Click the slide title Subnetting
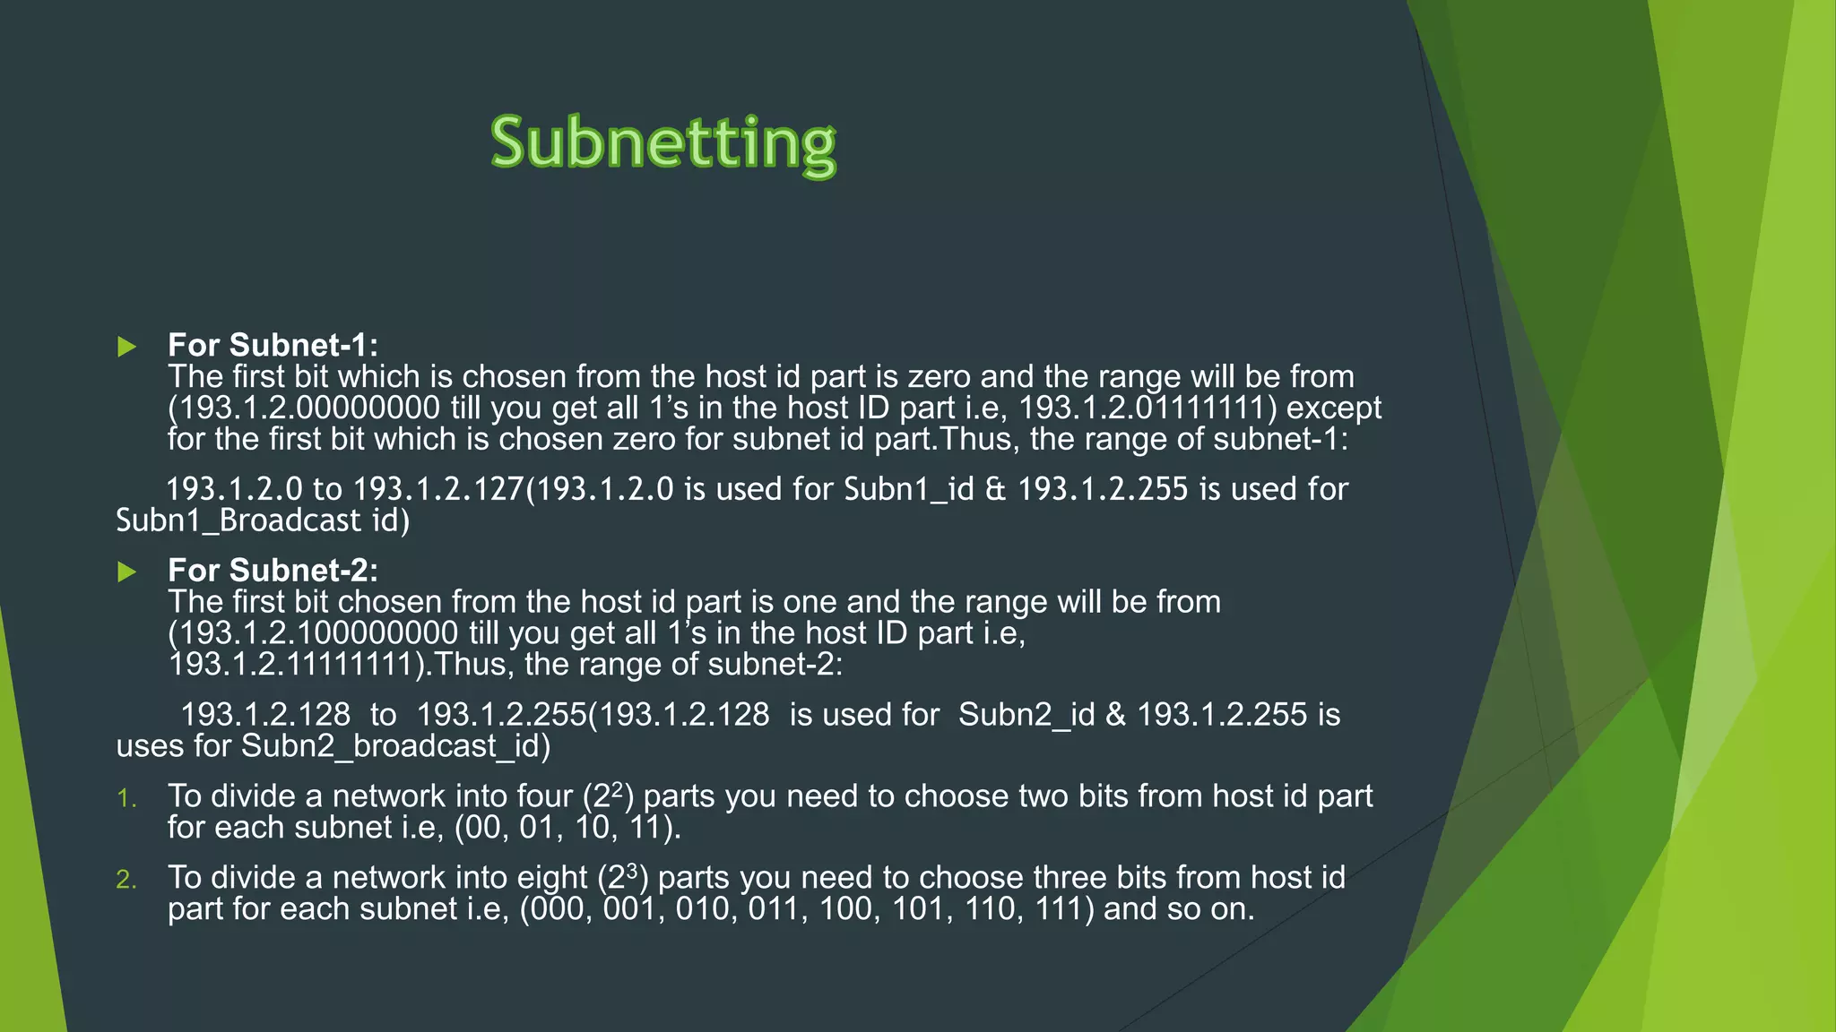[663, 143]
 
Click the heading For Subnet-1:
[273, 345]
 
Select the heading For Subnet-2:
[273, 570]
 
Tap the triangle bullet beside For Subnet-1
[127, 347]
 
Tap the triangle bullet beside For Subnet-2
[127, 572]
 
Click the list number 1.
[126, 798]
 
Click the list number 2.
[126, 880]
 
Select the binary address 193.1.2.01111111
[1147, 408]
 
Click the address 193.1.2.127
[438, 489]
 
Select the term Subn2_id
[1026, 715]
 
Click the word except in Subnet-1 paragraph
[1334, 408]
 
